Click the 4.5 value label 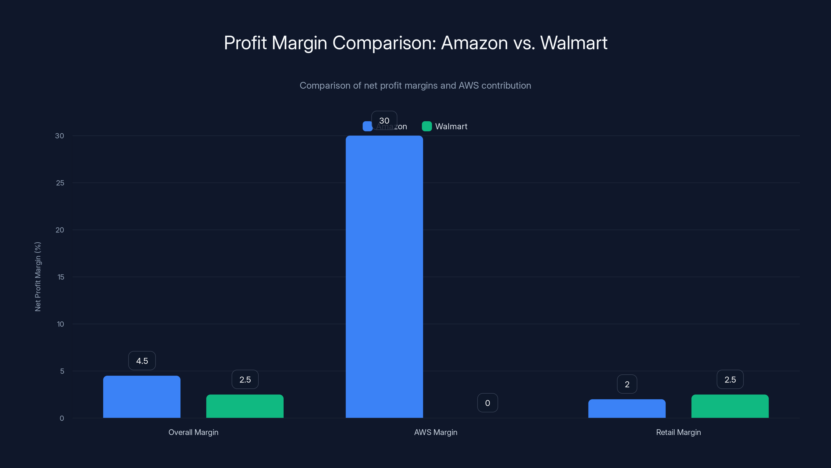(142, 361)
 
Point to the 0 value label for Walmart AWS (487, 403)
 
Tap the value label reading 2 (627, 384)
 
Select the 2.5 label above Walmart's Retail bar (730, 380)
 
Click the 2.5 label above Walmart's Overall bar (245, 380)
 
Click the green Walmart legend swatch (427, 126)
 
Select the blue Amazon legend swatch (367, 126)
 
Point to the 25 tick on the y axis (60, 183)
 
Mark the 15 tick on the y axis (61, 277)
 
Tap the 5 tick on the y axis (62, 371)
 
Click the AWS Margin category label (435, 432)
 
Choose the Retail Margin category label (678, 432)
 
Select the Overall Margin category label (193, 432)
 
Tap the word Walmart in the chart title (574, 43)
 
